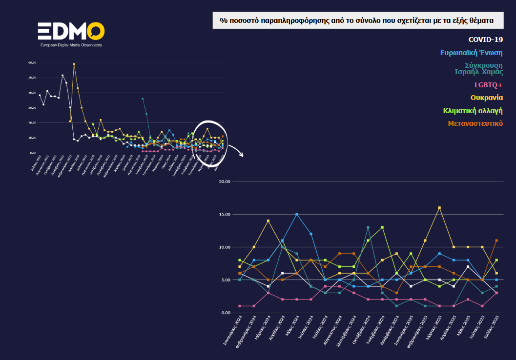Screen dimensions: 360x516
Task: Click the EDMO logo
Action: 71,32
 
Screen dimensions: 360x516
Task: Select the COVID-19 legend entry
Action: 485,39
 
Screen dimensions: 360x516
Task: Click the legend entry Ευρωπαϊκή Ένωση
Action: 471,53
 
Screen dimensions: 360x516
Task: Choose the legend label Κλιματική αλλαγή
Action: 473,111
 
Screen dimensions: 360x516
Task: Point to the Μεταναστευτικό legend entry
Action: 475,123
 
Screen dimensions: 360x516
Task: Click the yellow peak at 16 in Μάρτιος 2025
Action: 439,208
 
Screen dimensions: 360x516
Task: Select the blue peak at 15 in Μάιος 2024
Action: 296,214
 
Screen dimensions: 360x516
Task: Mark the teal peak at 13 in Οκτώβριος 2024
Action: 368,227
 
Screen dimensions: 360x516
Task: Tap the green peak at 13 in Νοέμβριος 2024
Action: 382,227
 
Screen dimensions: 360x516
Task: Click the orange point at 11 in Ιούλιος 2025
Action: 496,240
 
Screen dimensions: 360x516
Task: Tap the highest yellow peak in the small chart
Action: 74,64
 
